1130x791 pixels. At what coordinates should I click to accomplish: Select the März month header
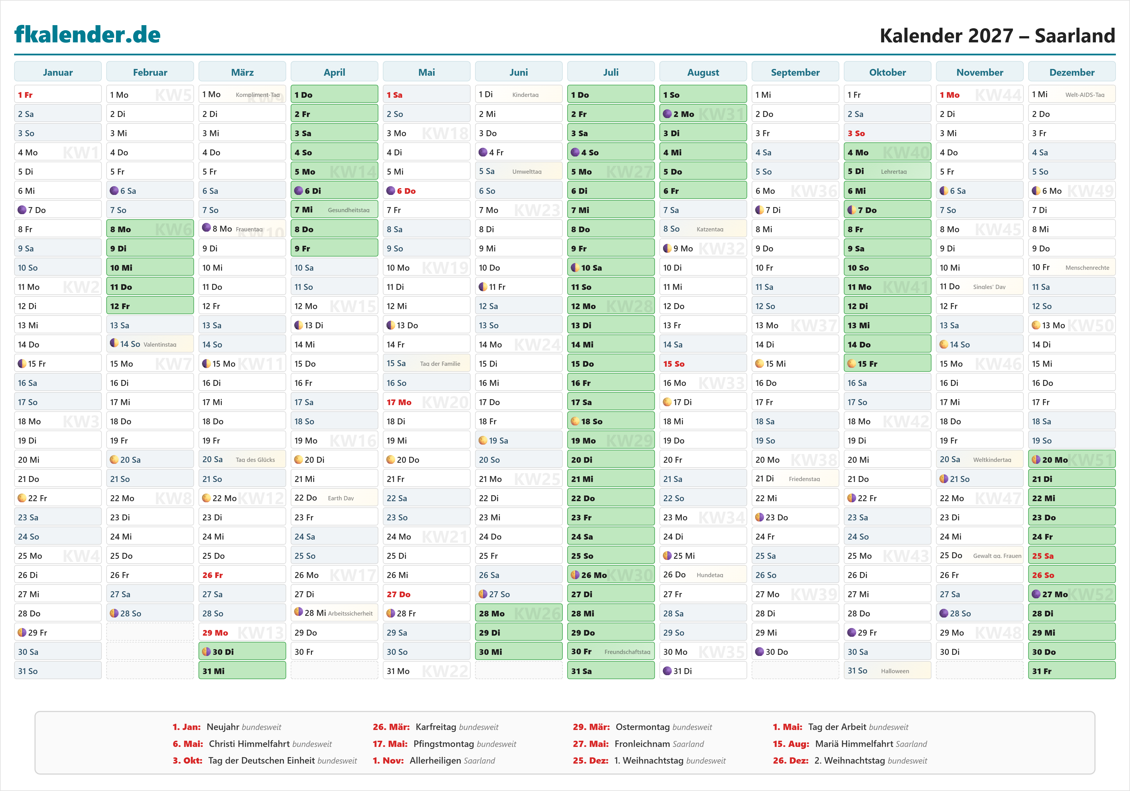pyautogui.click(x=242, y=72)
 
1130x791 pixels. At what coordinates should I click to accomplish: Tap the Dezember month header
pyautogui.click(x=1072, y=72)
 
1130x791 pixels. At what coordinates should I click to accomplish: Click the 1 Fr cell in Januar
pyautogui.click(x=58, y=95)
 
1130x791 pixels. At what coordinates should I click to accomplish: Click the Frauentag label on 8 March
pyautogui.click(x=249, y=229)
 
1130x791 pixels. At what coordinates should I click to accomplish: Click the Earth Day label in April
pyautogui.click(x=341, y=498)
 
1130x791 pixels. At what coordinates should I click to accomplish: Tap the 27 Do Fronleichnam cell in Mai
pyautogui.click(x=426, y=594)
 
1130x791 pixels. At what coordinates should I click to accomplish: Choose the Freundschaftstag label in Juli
pyautogui.click(x=627, y=652)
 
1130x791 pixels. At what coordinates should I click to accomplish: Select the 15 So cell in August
pyautogui.click(x=703, y=364)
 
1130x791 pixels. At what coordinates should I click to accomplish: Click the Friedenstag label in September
pyautogui.click(x=804, y=479)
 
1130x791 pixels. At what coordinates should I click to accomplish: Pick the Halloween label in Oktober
pyautogui.click(x=895, y=671)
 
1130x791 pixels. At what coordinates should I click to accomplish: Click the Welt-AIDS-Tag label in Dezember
pyautogui.click(x=1085, y=95)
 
